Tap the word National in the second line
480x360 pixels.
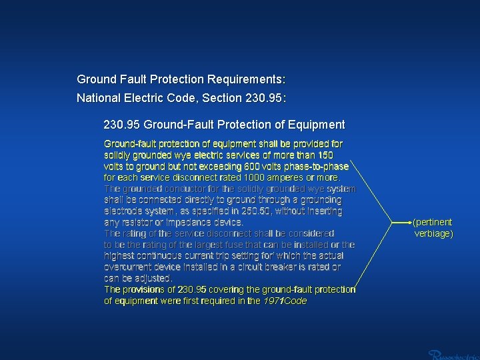pos(97,98)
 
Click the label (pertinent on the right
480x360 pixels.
pos(432,222)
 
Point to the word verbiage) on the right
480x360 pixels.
pos(434,233)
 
